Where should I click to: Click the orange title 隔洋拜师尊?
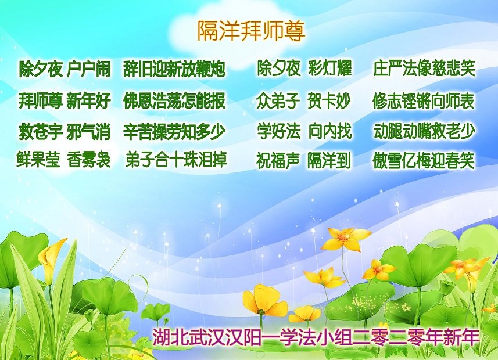pos(251,31)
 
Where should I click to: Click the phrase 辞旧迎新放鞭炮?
pos(174,69)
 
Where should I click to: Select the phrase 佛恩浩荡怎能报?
pos(174,100)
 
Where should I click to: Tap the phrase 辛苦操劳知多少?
pos(174,131)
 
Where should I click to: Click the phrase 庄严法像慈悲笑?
pos(424,68)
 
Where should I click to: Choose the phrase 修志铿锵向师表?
pos(424,100)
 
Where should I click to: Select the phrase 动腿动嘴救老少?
pos(424,131)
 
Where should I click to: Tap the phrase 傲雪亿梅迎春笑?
pos(424,161)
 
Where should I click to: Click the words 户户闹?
pos(88,69)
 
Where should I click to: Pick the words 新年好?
pos(88,100)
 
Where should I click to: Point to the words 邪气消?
pos(88,131)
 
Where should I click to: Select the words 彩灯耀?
pos(330,68)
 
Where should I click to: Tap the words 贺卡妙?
pos(329,100)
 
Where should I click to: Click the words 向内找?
pos(330,131)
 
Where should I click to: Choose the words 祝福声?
pos(278,161)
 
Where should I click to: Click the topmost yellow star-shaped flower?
pos(345,239)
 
